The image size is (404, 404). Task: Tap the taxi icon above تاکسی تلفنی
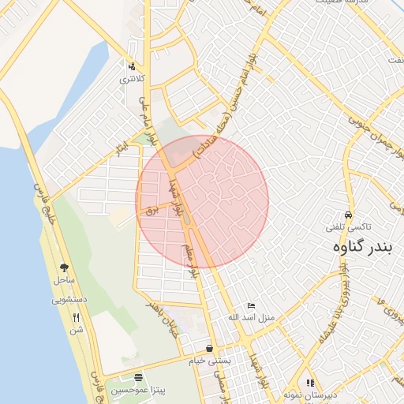(348, 215)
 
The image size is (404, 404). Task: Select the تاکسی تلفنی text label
(347, 227)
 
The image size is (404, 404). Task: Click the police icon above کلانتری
(132, 67)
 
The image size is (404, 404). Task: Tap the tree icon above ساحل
(64, 268)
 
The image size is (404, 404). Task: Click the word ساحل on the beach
(64, 281)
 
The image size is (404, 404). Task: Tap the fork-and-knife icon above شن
(77, 317)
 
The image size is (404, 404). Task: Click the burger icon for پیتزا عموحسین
(139, 377)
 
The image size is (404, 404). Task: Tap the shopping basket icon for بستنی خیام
(209, 348)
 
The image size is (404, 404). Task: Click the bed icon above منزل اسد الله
(251, 305)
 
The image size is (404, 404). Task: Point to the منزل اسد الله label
(250, 318)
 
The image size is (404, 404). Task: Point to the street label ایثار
(122, 147)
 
